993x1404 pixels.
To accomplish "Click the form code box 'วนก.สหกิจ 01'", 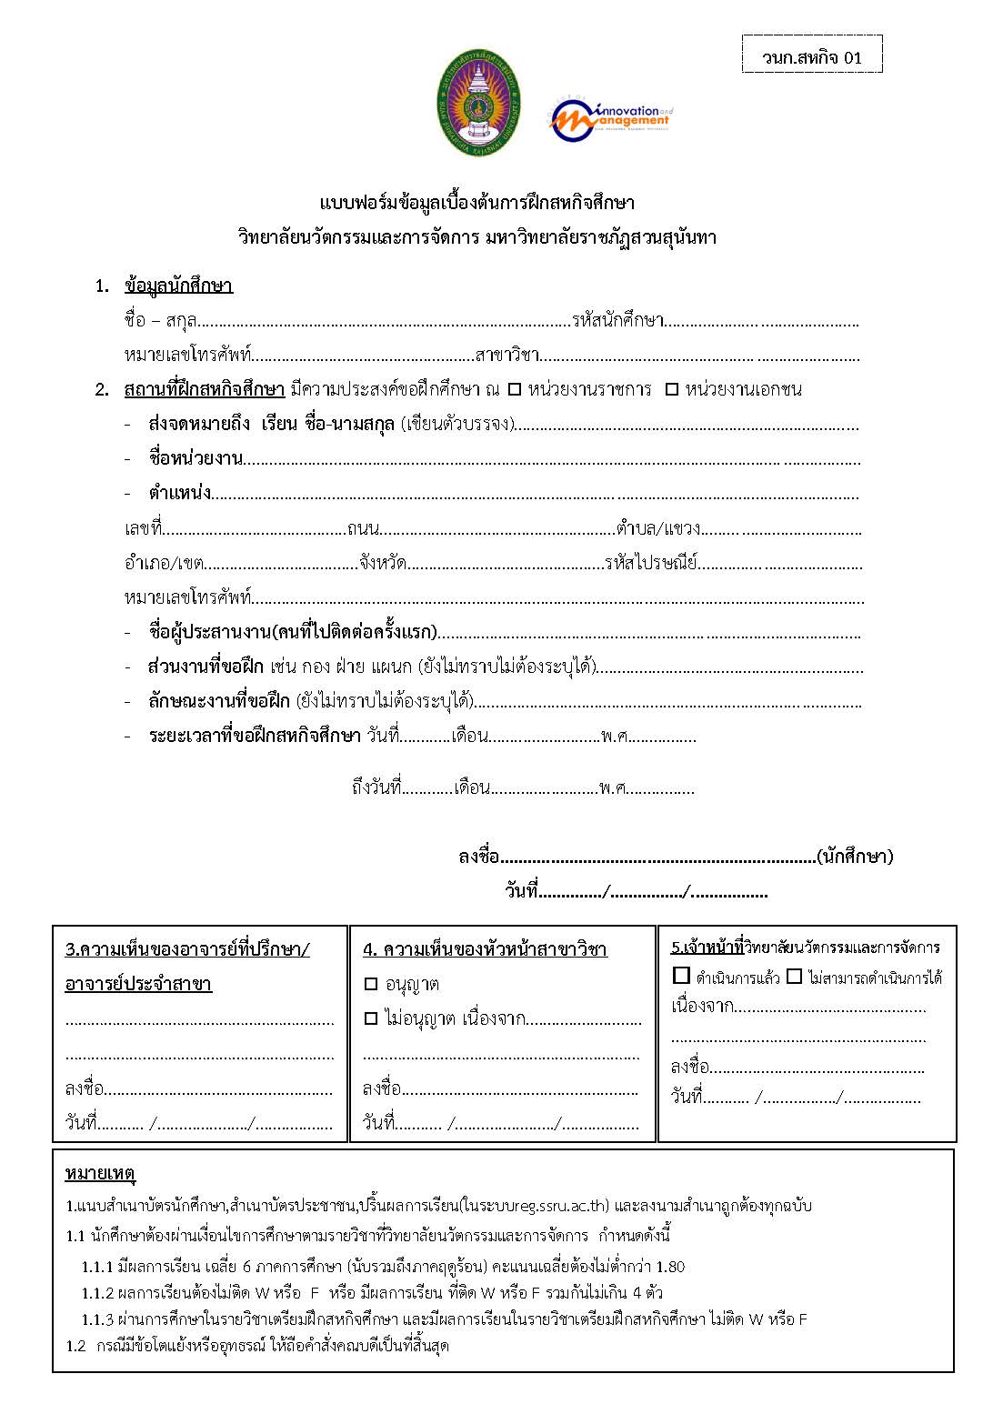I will [812, 57].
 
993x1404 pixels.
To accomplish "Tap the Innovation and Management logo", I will [610, 118].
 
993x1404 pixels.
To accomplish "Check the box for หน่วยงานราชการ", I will [515, 389].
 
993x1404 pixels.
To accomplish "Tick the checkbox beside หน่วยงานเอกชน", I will [672, 389].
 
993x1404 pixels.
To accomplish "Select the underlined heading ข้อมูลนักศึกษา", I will [178, 286].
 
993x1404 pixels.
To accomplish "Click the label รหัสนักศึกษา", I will [617, 320].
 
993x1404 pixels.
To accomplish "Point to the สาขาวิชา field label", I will [507, 355].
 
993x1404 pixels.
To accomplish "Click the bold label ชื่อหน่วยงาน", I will [196, 457].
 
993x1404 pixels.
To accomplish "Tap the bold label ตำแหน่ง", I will [179, 493].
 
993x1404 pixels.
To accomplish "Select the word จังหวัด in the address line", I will [382, 563].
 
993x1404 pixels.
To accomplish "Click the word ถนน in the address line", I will [363, 528].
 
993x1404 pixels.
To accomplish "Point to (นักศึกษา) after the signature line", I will [855, 856].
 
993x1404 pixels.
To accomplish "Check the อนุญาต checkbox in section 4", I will [370, 984].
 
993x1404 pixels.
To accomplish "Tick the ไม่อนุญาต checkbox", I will [370, 1018].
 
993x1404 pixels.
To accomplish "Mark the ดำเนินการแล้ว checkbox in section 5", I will [681, 976].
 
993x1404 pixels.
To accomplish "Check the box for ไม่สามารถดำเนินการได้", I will [794, 976].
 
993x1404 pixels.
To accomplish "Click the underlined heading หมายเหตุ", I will [100, 1174].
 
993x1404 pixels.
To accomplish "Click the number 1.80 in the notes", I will [669, 1267].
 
